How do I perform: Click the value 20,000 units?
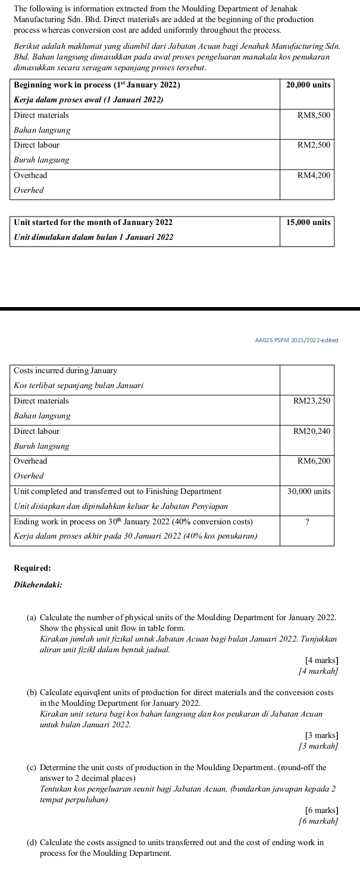[308, 85]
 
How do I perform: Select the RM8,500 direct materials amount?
[314, 114]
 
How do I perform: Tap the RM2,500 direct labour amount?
[314, 145]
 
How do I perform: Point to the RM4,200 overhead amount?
[314, 175]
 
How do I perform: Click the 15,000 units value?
[308, 222]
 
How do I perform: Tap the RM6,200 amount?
[314, 461]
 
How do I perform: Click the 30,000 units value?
[308, 491]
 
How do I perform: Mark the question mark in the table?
[307, 521]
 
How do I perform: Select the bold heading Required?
[32, 568]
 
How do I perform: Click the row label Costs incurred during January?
[65, 371]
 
